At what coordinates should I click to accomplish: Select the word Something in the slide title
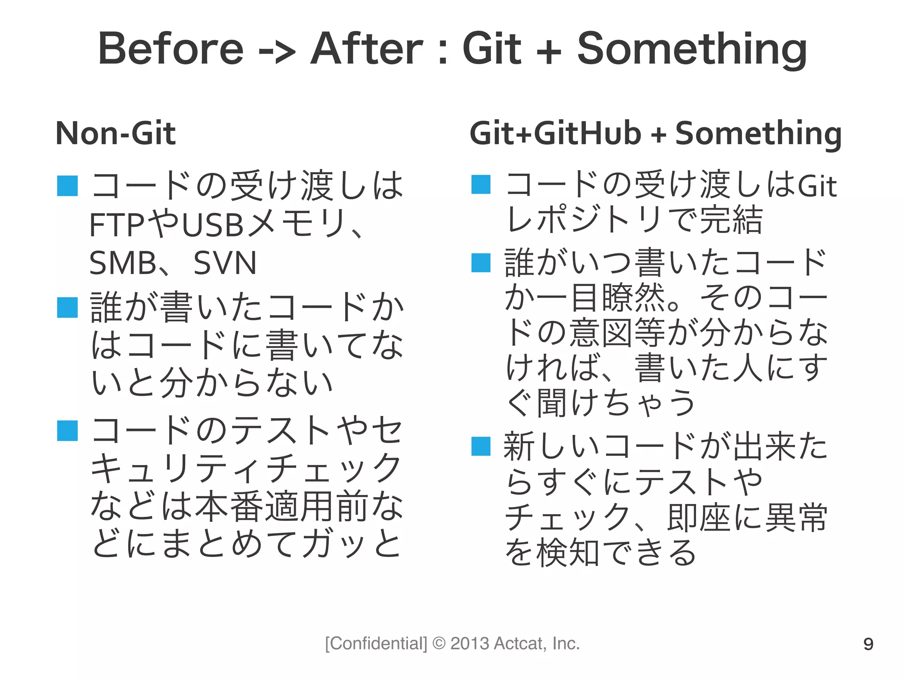pyautogui.click(x=692, y=50)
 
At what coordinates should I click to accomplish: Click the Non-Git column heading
pyautogui.click(x=115, y=133)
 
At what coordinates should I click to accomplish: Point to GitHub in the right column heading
pyautogui.click(x=588, y=133)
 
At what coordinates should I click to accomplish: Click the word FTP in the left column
pyautogui.click(x=117, y=225)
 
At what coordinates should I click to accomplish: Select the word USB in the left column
pyautogui.click(x=213, y=225)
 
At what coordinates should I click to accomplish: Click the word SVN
pyautogui.click(x=225, y=263)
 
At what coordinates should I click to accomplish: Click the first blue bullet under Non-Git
pyautogui.click(x=68, y=186)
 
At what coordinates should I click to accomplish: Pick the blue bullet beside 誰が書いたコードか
pyautogui.click(x=68, y=308)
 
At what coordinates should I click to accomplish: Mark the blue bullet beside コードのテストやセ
pyautogui.click(x=68, y=431)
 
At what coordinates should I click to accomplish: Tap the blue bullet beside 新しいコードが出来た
pyautogui.click(x=481, y=446)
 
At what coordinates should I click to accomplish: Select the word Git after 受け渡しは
pyautogui.click(x=817, y=186)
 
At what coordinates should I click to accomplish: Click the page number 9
pyautogui.click(x=868, y=644)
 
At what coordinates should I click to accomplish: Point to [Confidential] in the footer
pyautogui.click(x=376, y=644)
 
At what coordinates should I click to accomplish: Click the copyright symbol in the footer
pyautogui.click(x=439, y=644)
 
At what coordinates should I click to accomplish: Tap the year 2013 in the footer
pyautogui.click(x=470, y=644)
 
